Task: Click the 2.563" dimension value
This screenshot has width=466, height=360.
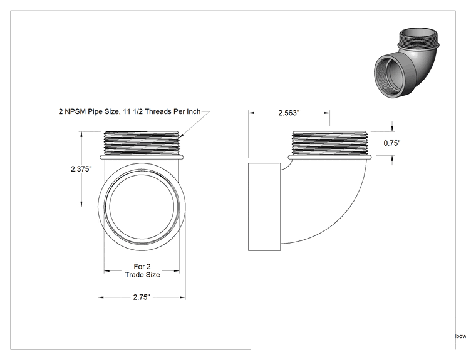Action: (289, 113)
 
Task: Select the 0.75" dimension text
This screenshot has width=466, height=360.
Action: (392, 143)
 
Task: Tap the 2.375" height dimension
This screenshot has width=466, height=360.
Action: (81, 168)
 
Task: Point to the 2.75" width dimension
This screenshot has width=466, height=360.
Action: (142, 297)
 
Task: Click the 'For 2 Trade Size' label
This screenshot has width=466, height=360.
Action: (142, 270)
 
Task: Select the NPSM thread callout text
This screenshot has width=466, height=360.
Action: (130, 111)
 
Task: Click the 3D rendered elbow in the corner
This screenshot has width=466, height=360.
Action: (406, 63)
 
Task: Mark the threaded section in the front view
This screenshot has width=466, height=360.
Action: (142, 143)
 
